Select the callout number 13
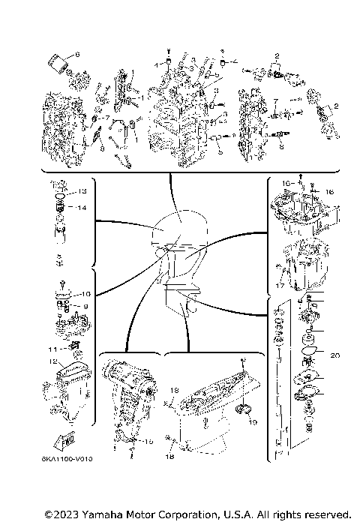(x=82, y=190)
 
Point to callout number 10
(x=85, y=294)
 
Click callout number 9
(x=85, y=306)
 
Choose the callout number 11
(x=52, y=349)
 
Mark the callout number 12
(x=53, y=362)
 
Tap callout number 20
(x=334, y=355)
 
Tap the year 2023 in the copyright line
(x=63, y=514)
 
